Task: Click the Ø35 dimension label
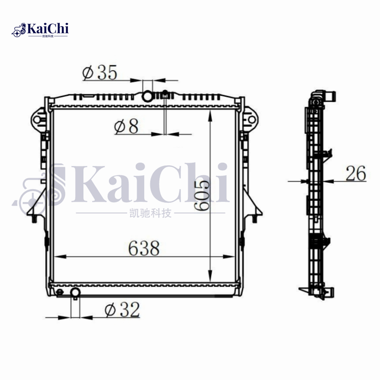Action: pos(99,72)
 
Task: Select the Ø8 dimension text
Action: pos(126,126)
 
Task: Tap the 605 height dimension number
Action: pos(201,195)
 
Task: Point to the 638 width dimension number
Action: pos(143,248)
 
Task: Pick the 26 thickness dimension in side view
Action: pos(355,174)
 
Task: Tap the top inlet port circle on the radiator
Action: pos(148,96)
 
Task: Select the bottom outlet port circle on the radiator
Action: pos(75,292)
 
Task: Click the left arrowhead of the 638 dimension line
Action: pos(57,257)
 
